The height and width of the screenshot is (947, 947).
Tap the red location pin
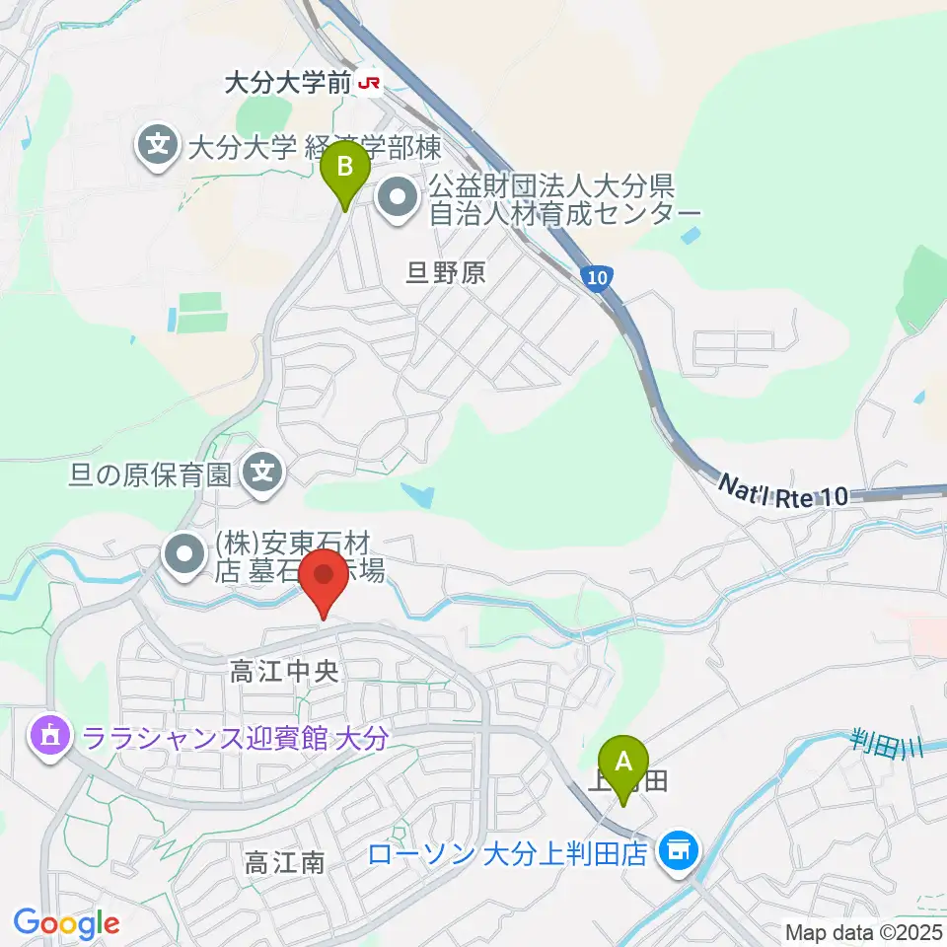[x=326, y=580]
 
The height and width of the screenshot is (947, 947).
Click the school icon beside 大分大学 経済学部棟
[x=158, y=148]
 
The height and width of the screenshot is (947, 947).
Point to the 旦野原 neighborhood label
[x=446, y=272]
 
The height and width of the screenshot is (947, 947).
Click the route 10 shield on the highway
[x=595, y=279]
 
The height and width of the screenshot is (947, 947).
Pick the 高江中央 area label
[x=285, y=673]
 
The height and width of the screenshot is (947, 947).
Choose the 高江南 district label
[x=284, y=864]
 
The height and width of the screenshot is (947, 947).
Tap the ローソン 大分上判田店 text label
[x=507, y=852]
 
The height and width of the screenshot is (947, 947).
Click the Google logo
[x=66, y=923]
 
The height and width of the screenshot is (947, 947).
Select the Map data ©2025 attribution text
[x=861, y=931]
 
